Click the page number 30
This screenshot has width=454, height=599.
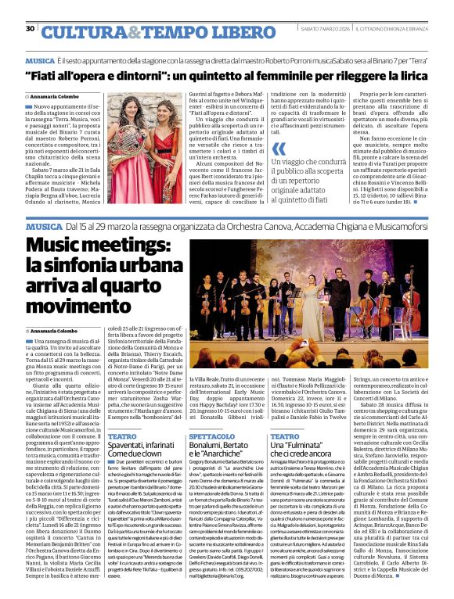30,29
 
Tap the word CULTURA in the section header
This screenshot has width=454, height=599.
77,32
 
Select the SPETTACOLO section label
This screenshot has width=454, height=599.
207,436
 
